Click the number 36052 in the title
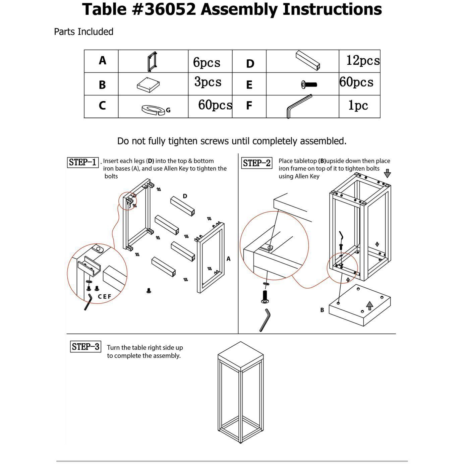pyautogui.click(x=170, y=9)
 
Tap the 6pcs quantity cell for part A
pyautogui.click(x=207, y=62)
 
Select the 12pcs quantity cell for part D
pyautogui.click(x=363, y=61)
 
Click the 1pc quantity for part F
pyautogui.click(x=358, y=106)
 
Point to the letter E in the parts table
pyautogui.click(x=249, y=85)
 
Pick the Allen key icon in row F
pyautogui.click(x=299, y=106)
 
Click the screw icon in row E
pyautogui.click(x=309, y=85)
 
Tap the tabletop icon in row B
pyautogui.click(x=148, y=84)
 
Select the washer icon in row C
pyautogui.click(x=153, y=109)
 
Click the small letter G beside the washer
pyautogui.click(x=168, y=110)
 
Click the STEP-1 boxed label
pyautogui.click(x=83, y=163)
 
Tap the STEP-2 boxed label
pyautogui.click(x=256, y=163)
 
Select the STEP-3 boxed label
pyautogui.click(x=85, y=347)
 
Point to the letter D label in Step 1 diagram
pyautogui.click(x=185, y=196)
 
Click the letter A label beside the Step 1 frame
pyautogui.click(x=228, y=259)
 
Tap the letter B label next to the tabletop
pyautogui.click(x=322, y=310)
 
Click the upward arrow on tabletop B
pyautogui.click(x=369, y=305)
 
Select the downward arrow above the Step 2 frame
pyautogui.click(x=387, y=173)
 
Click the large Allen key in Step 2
pyautogui.click(x=265, y=320)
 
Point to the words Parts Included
pyautogui.click(x=83, y=32)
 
